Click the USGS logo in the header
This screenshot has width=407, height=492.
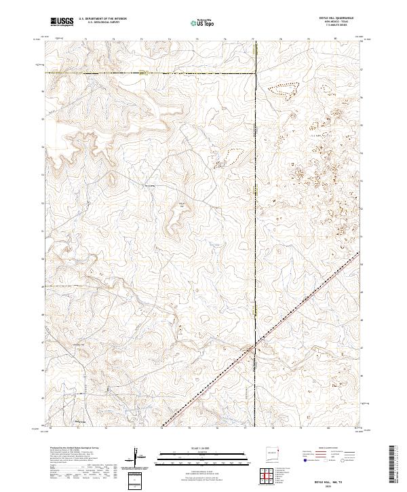62,22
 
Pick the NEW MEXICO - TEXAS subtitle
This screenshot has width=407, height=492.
344,22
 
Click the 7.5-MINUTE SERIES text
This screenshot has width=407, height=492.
344,26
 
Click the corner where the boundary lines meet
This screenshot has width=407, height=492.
256,73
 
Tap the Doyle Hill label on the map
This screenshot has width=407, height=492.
181,204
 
